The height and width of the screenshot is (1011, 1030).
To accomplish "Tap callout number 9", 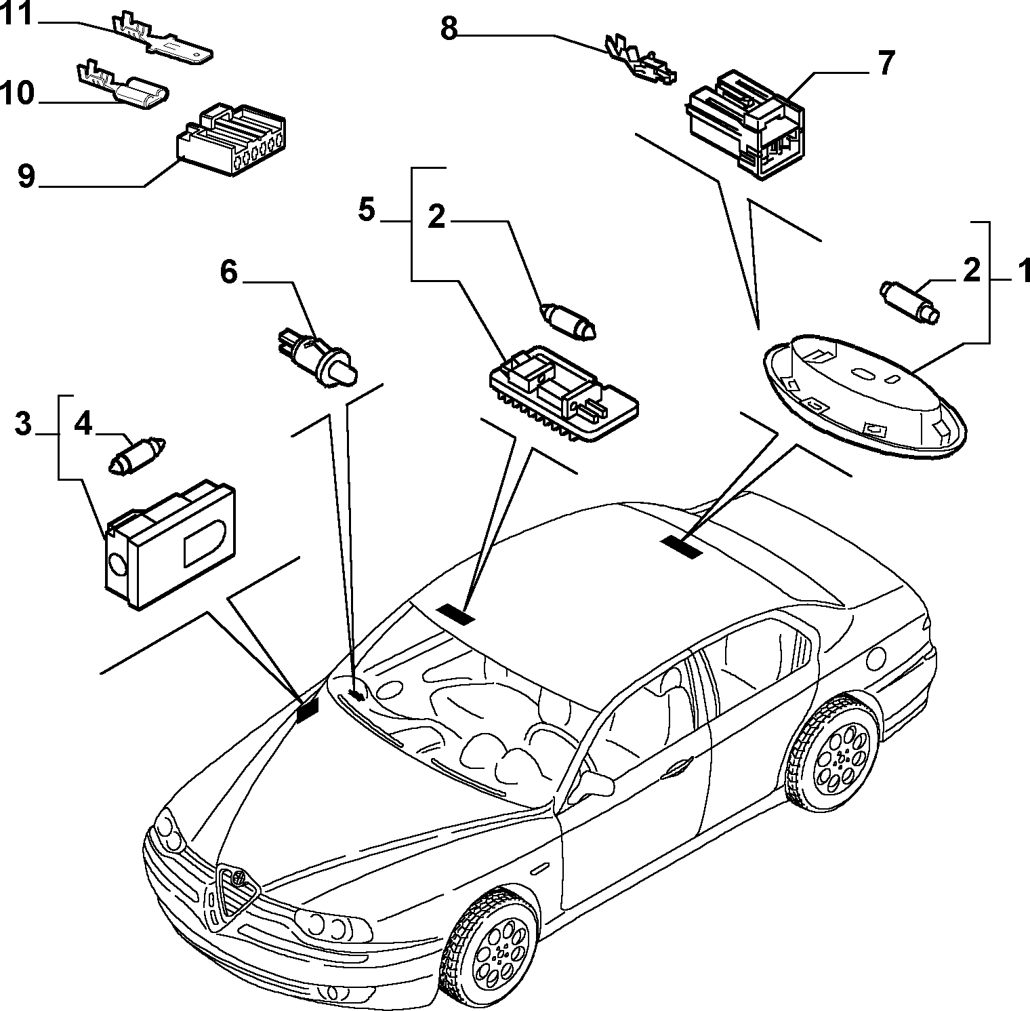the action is (25, 176).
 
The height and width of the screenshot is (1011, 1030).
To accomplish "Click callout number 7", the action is (886, 62).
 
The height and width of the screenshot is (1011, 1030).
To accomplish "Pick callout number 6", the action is (228, 273).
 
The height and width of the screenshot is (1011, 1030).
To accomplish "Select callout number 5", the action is (366, 210).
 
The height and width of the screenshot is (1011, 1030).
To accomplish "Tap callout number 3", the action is (22, 425).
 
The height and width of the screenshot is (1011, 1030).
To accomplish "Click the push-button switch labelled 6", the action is (318, 357).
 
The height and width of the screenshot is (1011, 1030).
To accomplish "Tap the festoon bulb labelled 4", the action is (138, 454).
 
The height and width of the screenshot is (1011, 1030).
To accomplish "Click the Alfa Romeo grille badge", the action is (239, 877).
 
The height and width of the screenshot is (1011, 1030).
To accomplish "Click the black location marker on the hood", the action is (308, 709).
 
